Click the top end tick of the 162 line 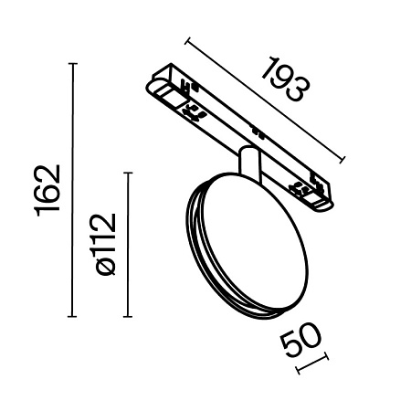74,63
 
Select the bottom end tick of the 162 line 74,317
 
